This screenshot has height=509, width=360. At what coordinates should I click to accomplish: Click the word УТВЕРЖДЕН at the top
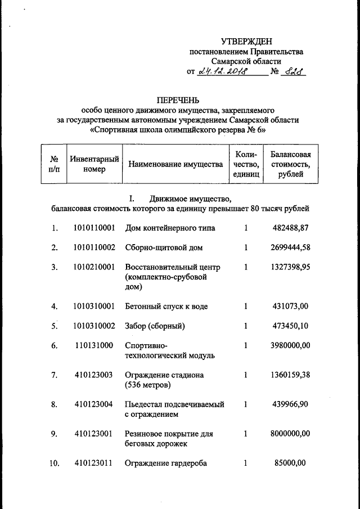(x=246, y=41)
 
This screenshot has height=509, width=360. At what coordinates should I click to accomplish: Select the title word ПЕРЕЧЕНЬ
(x=178, y=100)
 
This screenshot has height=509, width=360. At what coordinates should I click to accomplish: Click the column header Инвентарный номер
(x=94, y=164)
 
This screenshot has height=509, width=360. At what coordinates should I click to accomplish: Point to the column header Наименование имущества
(x=176, y=164)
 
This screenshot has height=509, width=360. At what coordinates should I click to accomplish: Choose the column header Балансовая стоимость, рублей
(x=290, y=164)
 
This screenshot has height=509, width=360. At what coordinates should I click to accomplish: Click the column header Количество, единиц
(x=246, y=164)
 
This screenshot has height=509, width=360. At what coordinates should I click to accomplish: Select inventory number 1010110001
(x=94, y=228)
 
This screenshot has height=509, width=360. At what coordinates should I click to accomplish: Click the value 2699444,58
(x=288, y=247)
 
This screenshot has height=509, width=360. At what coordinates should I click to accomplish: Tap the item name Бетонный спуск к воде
(x=166, y=307)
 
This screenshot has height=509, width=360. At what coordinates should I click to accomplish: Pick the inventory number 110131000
(x=94, y=345)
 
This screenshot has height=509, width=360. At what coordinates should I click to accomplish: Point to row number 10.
(x=54, y=463)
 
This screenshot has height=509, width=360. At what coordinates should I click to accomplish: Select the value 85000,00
(x=289, y=463)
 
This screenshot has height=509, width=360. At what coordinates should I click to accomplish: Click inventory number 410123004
(x=94, y=404)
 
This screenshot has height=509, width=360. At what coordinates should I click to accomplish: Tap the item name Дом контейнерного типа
(x=170, y=228)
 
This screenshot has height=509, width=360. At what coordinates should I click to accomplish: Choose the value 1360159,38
(x=288, y=375)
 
